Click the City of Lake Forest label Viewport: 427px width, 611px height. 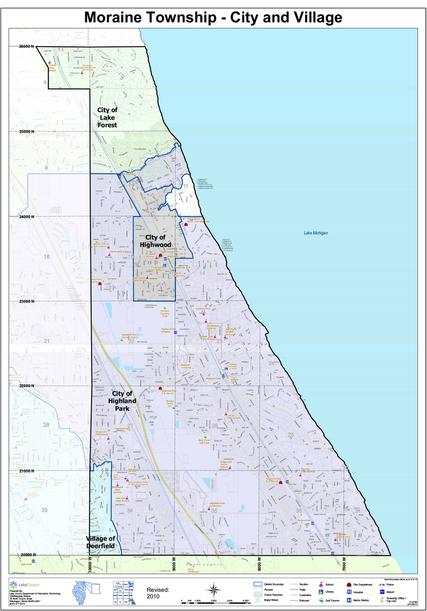[107, 117]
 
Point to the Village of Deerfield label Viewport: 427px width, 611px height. [101, 542]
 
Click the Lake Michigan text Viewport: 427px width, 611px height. [316, 233]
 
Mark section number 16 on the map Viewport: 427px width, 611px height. [47, 256]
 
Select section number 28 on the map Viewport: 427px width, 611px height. [46, 425]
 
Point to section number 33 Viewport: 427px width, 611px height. [44, 510]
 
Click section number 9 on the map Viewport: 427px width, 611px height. [46, 168]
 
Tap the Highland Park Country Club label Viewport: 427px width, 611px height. [130, 336]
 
